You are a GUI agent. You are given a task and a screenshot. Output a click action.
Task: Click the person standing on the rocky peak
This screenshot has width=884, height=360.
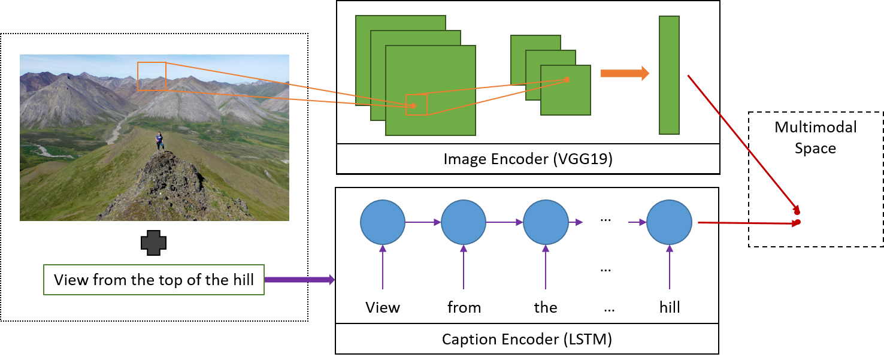pos(159,141)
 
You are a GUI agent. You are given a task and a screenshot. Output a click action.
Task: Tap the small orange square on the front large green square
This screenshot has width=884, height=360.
pos(417,105)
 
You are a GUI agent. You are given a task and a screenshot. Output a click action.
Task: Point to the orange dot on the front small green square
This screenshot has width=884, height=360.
pos(567,79)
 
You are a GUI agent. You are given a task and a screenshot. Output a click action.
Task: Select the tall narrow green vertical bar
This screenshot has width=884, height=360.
pos(669,75)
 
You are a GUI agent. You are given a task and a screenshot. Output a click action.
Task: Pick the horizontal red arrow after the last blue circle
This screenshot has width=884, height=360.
pos(749,223)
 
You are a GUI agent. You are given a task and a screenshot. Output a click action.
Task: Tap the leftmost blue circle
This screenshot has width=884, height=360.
pos(382,222)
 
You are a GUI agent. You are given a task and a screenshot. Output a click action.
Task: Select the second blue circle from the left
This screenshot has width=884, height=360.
pos(463,222)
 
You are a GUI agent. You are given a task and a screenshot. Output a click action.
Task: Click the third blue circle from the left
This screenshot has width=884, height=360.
pos(545,222)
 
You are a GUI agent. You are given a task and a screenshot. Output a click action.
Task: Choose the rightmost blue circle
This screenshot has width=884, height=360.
pos(669,222)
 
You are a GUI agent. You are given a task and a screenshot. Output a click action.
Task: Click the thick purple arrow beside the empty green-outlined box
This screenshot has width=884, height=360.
pos(298,279)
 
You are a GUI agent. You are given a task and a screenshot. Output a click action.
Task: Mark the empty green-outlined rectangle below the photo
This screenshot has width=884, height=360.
pos(154,280)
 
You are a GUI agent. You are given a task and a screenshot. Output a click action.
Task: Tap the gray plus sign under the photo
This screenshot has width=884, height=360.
pos(153,243)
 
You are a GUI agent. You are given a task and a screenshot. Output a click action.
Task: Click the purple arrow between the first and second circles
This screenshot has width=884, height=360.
pos(423,222)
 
